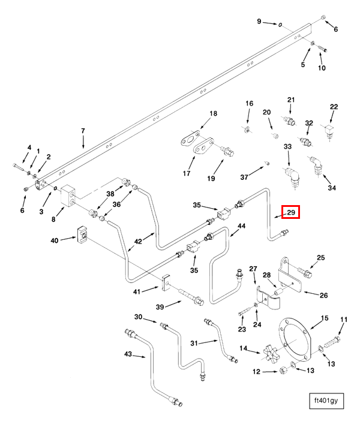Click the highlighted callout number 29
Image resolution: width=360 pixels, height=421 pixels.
291,212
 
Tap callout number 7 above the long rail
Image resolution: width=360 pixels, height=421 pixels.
83,130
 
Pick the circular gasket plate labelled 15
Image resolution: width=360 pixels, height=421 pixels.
293,342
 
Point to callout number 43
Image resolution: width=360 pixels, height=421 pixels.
128,354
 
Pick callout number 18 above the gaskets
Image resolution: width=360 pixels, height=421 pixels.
212,114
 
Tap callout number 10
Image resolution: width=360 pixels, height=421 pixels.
322,68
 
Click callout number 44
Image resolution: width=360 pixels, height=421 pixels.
242,226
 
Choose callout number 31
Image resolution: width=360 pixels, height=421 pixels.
194,342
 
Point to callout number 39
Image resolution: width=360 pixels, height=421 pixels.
159,306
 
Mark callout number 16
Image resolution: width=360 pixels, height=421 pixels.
249,104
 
